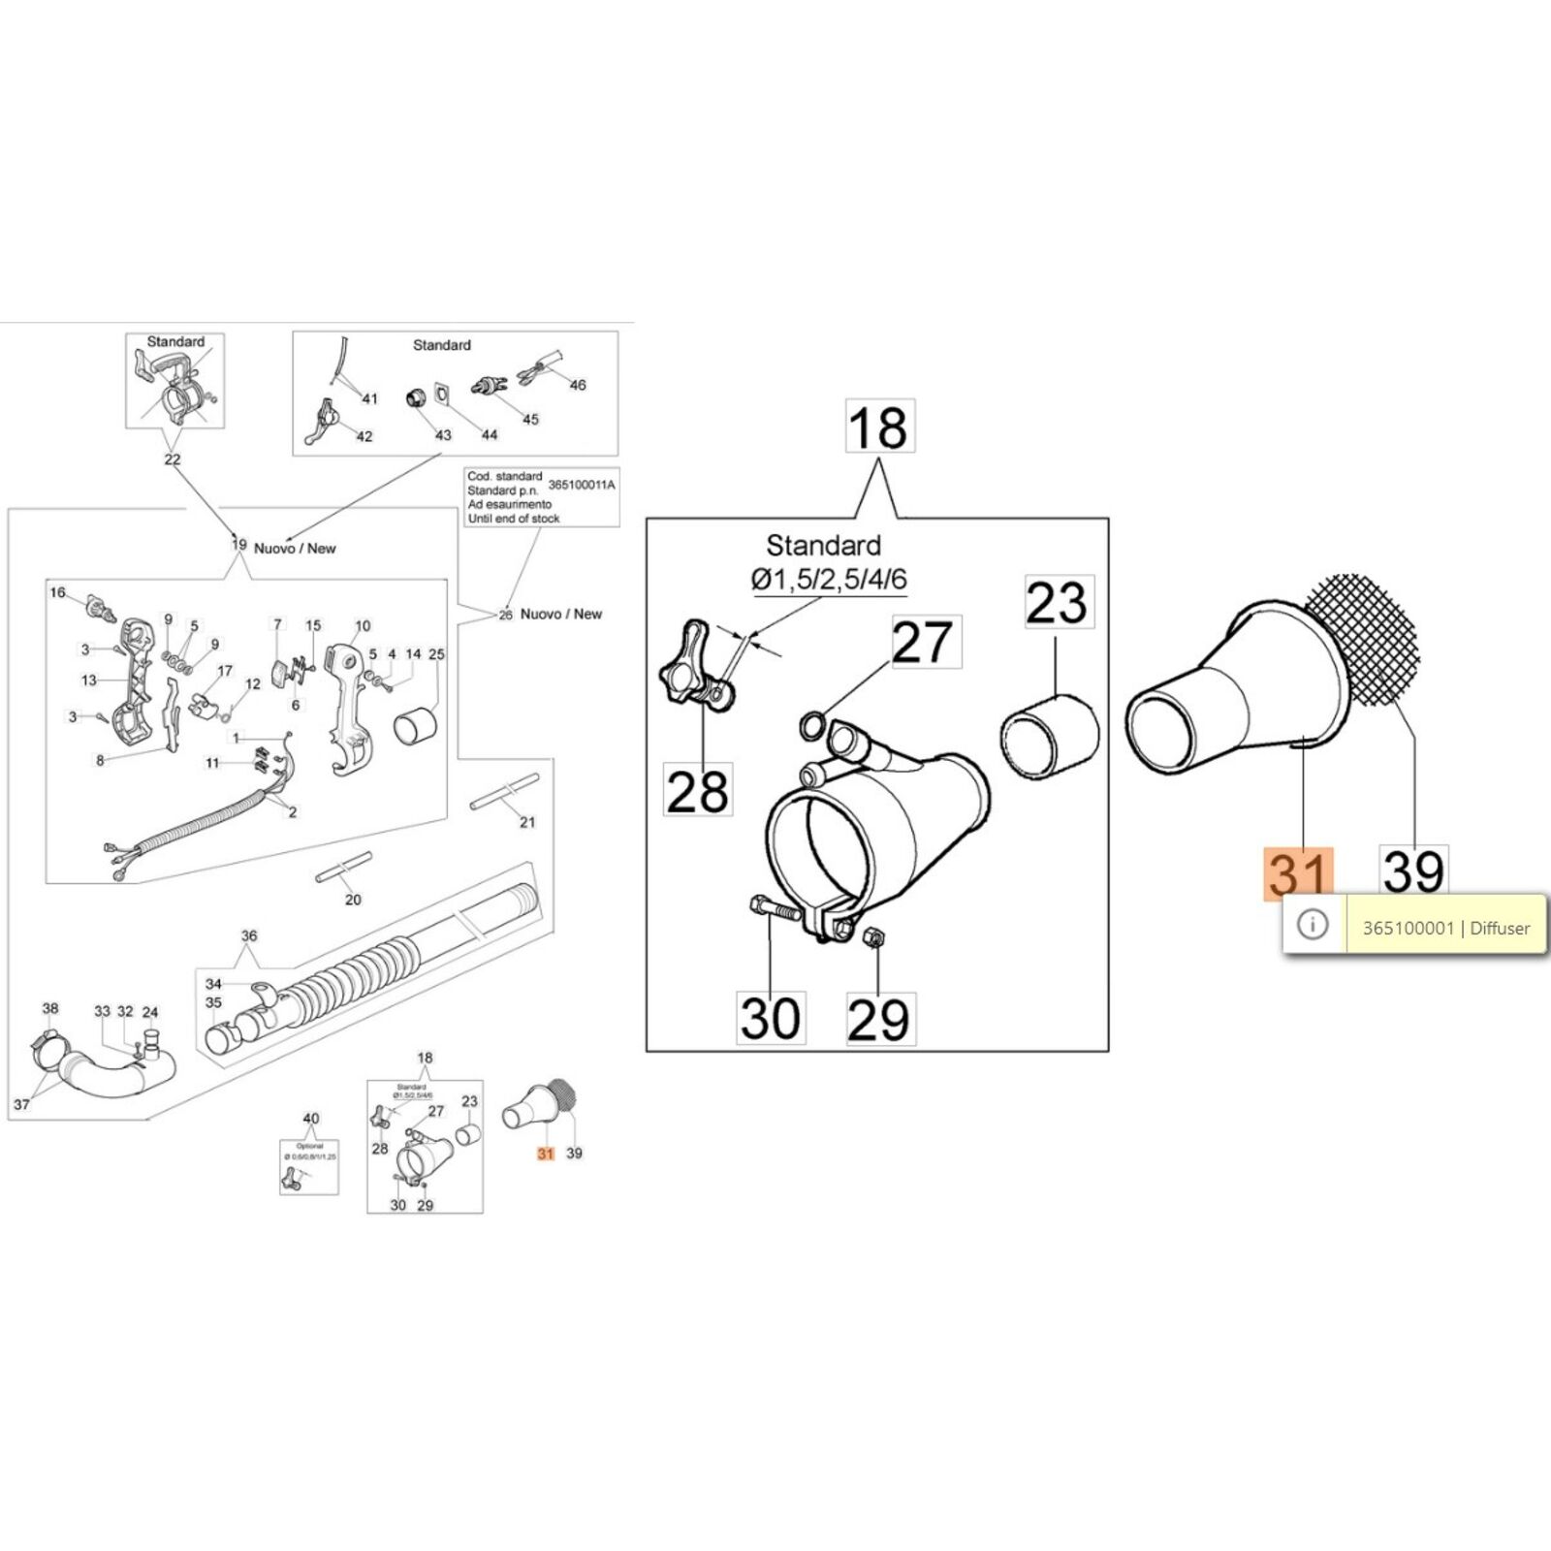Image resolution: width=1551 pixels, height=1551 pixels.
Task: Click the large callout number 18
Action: (878, 427)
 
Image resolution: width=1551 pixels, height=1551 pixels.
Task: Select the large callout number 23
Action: (1058, 603)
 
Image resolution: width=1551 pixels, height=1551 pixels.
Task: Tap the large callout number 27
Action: (922, 642)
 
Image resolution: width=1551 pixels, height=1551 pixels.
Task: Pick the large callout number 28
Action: (698, 789)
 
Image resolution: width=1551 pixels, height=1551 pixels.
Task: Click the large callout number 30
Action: (771, 1018)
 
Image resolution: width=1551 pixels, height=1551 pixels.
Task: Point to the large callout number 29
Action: (879, 1019)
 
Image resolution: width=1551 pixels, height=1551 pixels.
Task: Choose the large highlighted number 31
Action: (1298, 872)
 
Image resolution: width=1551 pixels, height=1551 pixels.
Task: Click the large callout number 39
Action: (1413, 870)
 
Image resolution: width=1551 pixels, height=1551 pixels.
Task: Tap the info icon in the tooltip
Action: (1313, 926)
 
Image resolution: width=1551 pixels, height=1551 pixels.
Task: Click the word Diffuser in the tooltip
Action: (1500, 928)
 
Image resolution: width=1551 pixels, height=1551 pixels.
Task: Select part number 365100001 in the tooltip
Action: (1408, 928)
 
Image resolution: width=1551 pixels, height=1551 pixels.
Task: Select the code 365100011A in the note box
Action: (582, 484)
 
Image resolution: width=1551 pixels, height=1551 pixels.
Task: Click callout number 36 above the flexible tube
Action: (249, 935)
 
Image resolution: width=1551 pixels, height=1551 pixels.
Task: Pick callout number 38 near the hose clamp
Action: (50, 1008)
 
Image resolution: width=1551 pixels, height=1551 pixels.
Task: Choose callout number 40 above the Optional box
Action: (310, 1119)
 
